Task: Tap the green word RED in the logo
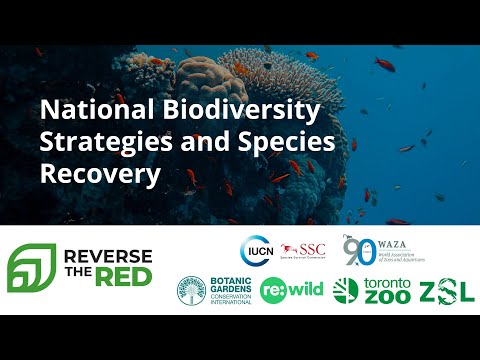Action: click(x=129, y=279)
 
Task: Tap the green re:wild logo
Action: click(x=291, y=291)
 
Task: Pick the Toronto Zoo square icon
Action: click(x=345, y=290)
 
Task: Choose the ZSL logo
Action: click(x=441, y=291)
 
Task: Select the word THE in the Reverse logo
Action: click(x=85, y=279)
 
